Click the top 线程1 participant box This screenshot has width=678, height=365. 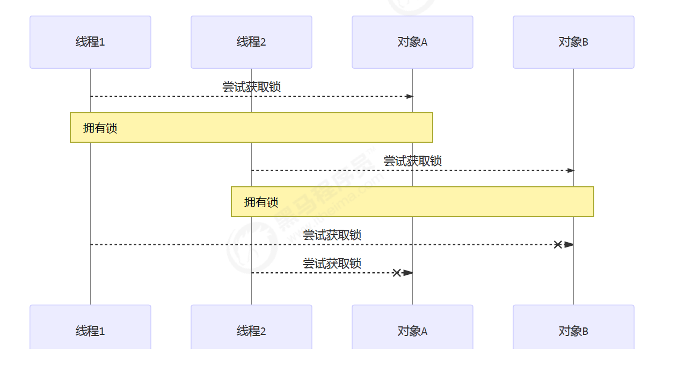pyautogui.click(x=90, y=42)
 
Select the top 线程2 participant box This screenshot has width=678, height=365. pyautogui.click(x=251, y=42)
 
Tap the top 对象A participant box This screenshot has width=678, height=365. pyautogui.click(x=412, y=42)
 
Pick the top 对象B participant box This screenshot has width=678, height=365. pyautogui.click(x=573, y=42)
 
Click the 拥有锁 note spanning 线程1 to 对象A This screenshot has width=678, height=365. pyautogui.click(x=251, y=128)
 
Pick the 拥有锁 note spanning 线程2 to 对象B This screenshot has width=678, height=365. pyautogui.click(x=412, y=201)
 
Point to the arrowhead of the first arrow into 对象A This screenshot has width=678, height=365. pyautogui.click(x=410, y=97)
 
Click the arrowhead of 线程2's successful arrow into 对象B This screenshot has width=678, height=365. pyautogui.click(x=571, y=171)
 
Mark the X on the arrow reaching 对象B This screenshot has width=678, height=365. pyautogui.click(x=558, y=245)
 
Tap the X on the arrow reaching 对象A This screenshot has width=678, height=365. pyautogui.click(x=397, y=273)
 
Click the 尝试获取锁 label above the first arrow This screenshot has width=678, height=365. pyautogui.click(x=251, y=87)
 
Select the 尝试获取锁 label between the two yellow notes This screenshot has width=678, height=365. pyautogui.click(x=412, y=161)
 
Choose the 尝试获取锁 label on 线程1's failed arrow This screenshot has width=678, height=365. pyautogui.click(x=332, y=235)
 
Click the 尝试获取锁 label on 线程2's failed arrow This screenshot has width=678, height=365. pyautogui.click(x=332, y=264)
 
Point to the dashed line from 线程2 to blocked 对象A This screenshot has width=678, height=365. pyautogui.click(x=322, y=273)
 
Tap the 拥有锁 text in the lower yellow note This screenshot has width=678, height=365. pyautogui.click(x=261, y=202)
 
